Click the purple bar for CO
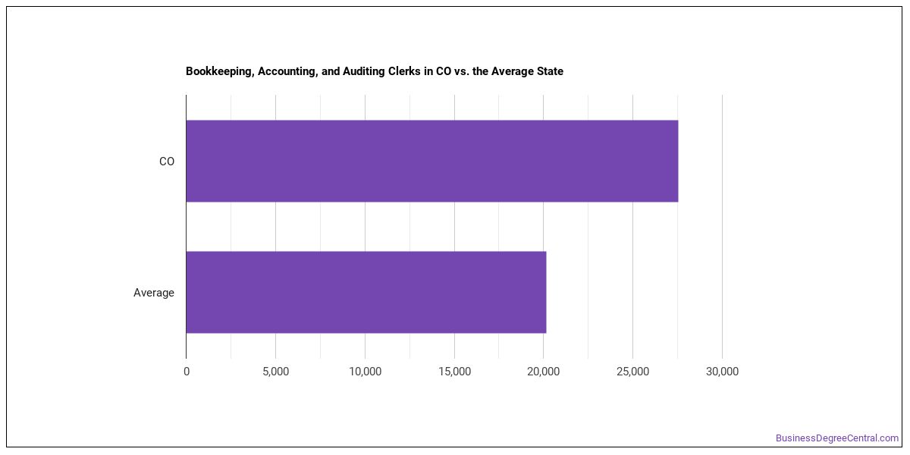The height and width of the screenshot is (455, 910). pyautogui.click(x=431, y=161)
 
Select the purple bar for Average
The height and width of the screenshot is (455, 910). pyautogui.click(x=366, y=292)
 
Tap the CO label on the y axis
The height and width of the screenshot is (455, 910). pyautogui.click(x=167, y=162)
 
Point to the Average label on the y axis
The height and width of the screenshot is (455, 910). pyautogui.click(x=153, y=293)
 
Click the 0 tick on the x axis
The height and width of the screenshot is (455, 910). pyautogui.click(x=187, y=372)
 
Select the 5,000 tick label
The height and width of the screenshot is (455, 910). pyautogui.click(x=275, y=372)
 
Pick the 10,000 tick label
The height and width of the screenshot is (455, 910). pyautogui.click(x=365, y=372)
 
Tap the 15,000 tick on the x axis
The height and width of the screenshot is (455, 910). pyautogui.click(x=454, y=372)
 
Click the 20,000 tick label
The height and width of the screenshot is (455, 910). pyautogui.click(x=543, y=372)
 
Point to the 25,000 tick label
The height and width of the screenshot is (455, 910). pyautogui.click(x=632, y=372)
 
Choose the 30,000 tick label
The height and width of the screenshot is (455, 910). pyautogui.click(x=722, y=372)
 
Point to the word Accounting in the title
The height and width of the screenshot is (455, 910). pyautogui.click(x=288, y=71)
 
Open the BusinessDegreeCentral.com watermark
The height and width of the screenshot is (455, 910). pyautogui.click(x=837, y=438)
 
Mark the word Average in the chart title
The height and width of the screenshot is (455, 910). pyautogui.click(x=513, y=71)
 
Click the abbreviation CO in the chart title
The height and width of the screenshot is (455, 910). pyautogui.click(x=444, y=71)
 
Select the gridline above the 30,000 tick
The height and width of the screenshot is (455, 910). pyautogui.click(x=722, y=227)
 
